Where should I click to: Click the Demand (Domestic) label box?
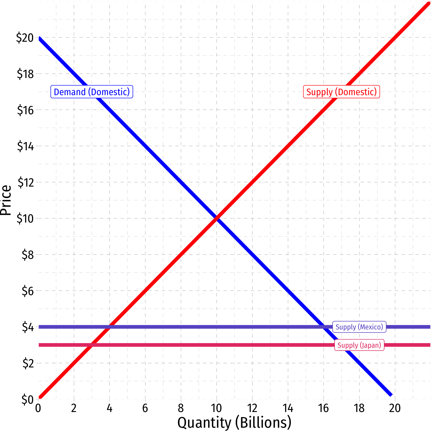click(x=92, y=92)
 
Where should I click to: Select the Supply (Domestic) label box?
click(x=341, y=92)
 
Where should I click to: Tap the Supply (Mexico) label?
click(x=359, y=327)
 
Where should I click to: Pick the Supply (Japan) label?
click(x=359, y=345)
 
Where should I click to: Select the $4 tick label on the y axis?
click(x=28, y=327)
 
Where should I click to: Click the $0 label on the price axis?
click(x=28, y=399)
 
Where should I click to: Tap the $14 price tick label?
click(x=25, y=146)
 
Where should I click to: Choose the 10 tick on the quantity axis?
click(x=216, y=408)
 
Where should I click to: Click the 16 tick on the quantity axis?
click(x=323, y=408)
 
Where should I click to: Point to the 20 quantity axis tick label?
click(x=395, y=408)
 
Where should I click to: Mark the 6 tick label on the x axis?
click(x=145, y=408)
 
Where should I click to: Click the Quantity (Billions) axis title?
click(x=234, y=423)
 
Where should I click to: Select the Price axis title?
click(x=6, y=200)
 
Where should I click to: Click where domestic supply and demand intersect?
click(x=217, y=218)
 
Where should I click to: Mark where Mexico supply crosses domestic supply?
click(x=109, y=327)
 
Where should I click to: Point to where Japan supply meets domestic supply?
click(x=92, y=345)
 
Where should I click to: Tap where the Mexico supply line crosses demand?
click(x=323, y=327)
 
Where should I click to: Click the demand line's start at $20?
click(x=39, y=38)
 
